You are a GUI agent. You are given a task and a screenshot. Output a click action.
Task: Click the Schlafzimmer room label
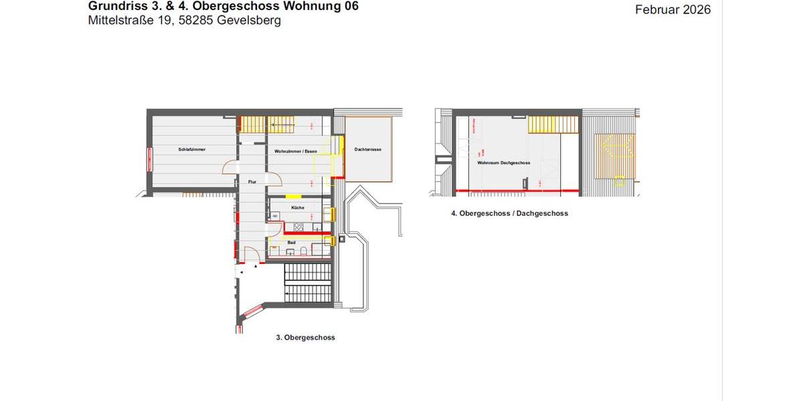pyautogui.click(x=191, y=150)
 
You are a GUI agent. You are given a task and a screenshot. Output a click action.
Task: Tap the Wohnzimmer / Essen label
pyautogui.click(x=295, y=152)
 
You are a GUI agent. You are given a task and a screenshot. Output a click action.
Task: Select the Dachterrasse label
pyautogui.click(x=368, y=150)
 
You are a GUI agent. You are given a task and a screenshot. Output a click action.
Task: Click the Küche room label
pyautogui.click(x=298, y=208)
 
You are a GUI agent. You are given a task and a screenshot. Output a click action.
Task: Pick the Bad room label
pyautogui.click(x=292, y=243)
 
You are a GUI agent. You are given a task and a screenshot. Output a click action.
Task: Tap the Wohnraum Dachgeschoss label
pyautogui.click(x=504, y=163)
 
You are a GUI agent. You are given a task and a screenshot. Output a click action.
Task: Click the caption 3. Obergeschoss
pyautogui.click(x=305, y=338)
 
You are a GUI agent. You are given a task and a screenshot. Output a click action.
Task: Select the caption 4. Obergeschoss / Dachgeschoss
pyautogui.click(x=509, y=214)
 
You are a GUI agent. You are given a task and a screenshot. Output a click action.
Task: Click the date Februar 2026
pyautogui.click(x=673, y=9)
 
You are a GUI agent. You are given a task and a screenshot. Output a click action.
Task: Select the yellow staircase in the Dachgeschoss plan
pyautogui.click(x=553, y=125)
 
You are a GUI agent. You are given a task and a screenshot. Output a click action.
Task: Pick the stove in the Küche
pyautogui.click(x=275, y=217)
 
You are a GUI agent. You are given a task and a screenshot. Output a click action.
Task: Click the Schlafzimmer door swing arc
pyautogui.click(x=230, y=170)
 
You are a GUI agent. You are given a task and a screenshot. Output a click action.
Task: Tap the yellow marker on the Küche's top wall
pyautogui.click(x=293, y=196)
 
